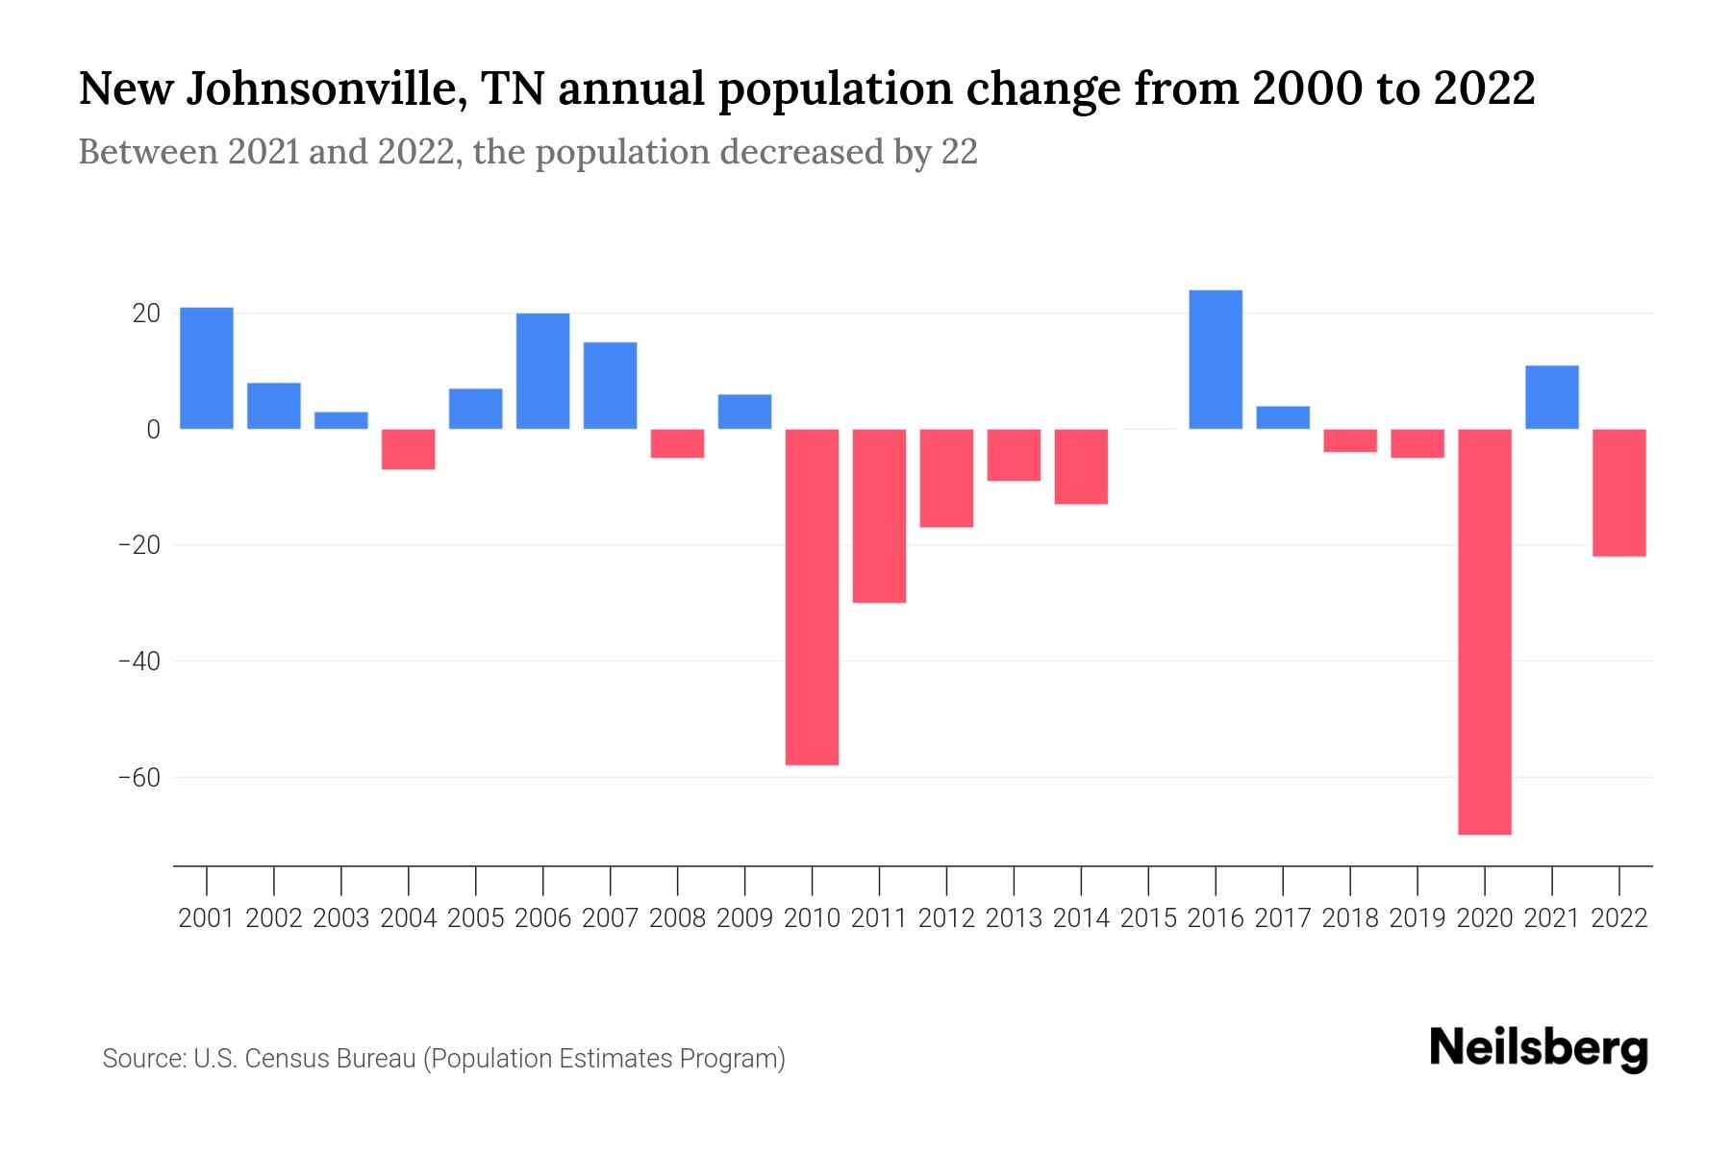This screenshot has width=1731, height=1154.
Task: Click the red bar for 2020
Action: (x=1485, y=631)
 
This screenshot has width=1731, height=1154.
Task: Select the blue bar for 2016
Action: (x=1216, y=360)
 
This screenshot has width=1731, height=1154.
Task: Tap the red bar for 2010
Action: (x=812, y=596)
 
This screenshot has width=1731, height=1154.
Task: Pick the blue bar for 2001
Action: (x=207, y=368)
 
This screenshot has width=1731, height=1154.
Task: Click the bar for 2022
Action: (x=1618, y=492)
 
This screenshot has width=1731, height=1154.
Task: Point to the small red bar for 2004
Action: (x=409, y=449)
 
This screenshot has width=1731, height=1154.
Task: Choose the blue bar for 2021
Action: (x=1551, y=397)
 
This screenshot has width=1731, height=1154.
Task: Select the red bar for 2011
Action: (x=879, y=515)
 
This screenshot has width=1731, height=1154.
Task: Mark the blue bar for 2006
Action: (x=542, y=371)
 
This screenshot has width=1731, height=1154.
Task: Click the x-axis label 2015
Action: (x=1148, y=918)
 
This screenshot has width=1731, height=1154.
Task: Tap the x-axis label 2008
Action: (x=677, y=918)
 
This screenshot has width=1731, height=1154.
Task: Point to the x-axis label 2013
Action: (x=1014, y=918)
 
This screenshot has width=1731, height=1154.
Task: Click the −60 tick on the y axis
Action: (x=138, y=777)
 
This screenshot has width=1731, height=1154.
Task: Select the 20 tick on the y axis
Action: (x=146, y=314)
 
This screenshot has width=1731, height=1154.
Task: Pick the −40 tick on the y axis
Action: (x=138, y=662)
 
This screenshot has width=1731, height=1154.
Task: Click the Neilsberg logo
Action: (x=1539, y=1049)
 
